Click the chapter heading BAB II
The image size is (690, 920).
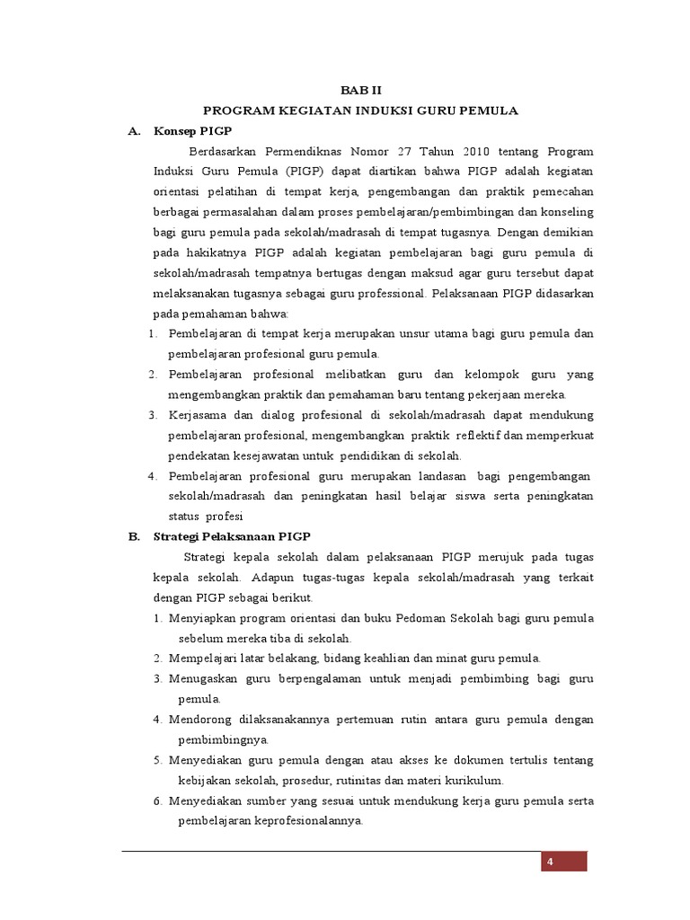pyautogui.click(x=360, y=90)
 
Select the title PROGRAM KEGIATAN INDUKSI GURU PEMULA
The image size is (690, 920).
pyautogui.click(x=360, y=111)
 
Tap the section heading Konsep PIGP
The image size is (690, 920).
pyautogui.click(x=192, y=131)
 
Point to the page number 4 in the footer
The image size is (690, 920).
pyautogui.click(x=549, y=862)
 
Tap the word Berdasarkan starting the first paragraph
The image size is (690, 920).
pyautogui.click(x=221, y=151)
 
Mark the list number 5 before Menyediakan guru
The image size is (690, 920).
pyautogui.click(x=157, y=760)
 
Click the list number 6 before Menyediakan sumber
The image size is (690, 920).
pyautogui.click(x=157, y=801)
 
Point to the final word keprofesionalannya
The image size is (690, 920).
pyautogui.click(x=306, y=821)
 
